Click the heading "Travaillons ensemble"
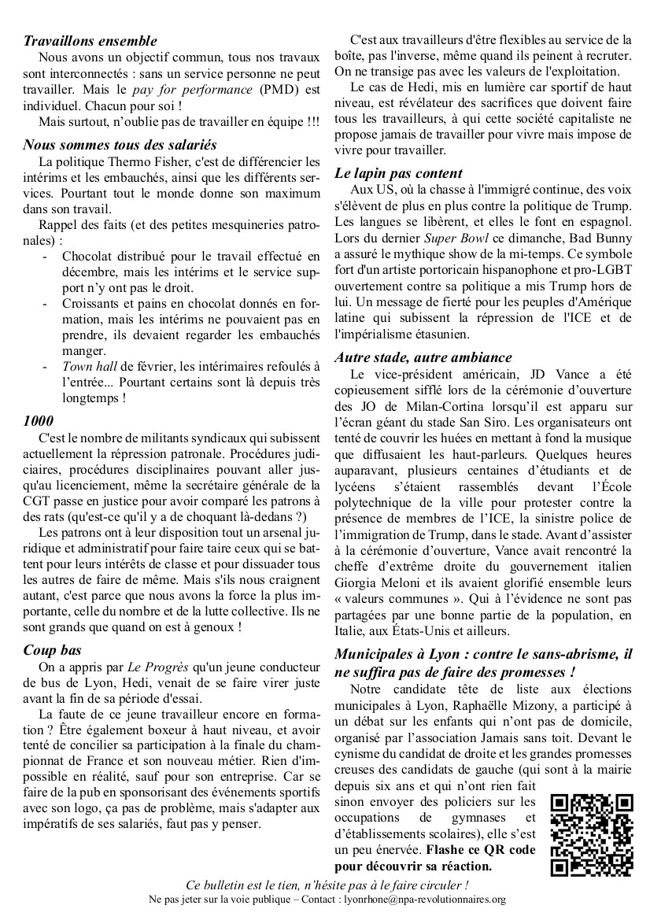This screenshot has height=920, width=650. [90, 41]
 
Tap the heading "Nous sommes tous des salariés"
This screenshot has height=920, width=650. [120, 145]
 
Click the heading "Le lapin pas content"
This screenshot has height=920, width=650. [398, 173]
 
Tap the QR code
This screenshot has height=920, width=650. [591, 833]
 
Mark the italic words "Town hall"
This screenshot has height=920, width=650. [89, 365]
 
